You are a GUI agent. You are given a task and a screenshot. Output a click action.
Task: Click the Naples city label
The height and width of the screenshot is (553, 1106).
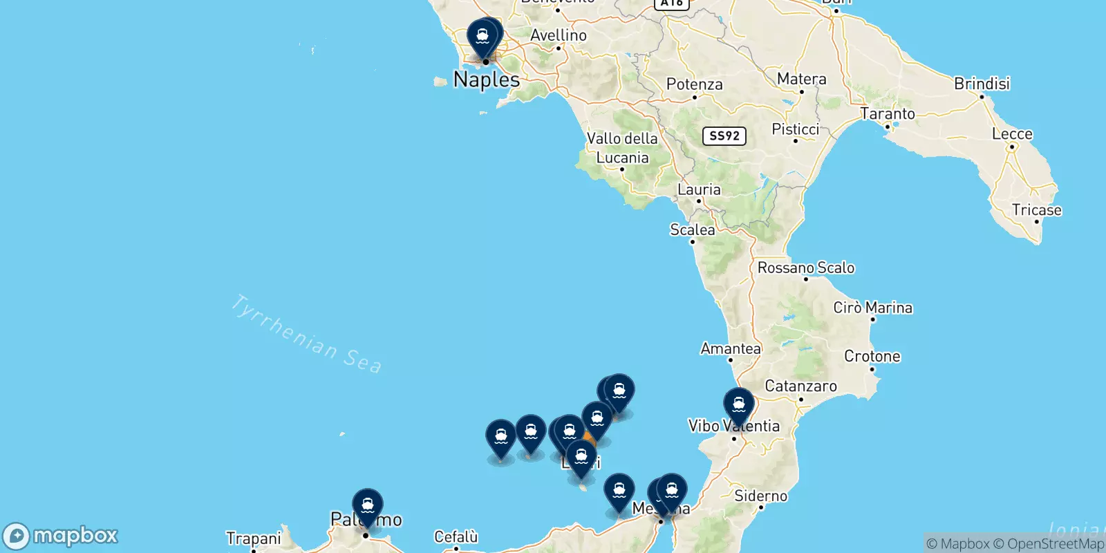pos(487,79)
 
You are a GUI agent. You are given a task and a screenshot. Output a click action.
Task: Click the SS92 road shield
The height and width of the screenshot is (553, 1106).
pos(724,135)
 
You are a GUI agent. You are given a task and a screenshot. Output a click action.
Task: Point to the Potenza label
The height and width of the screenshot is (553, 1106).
pos(694,84)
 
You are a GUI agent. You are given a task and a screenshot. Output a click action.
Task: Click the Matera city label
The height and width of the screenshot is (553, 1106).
pos(801,79)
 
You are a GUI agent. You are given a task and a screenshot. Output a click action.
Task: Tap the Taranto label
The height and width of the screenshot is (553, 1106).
pos(887,113)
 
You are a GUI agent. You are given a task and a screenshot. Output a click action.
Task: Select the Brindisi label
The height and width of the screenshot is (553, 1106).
pos(982,84)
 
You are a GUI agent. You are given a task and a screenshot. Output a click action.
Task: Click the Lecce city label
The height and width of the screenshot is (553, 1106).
pos(1012,134)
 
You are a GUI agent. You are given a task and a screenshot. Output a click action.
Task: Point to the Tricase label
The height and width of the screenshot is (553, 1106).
pos(1036,210)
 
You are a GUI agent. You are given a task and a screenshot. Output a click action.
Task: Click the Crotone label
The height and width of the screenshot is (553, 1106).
pos(872,357)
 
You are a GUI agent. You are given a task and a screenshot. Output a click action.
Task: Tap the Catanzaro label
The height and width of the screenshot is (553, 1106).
pos(800,386)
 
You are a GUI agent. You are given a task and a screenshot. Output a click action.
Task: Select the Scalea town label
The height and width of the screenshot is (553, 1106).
pos(692,229)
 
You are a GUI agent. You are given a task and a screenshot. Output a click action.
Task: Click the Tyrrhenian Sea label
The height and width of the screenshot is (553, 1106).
pos(306,334)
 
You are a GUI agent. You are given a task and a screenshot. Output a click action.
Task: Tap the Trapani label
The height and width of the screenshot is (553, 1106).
pos(253,538)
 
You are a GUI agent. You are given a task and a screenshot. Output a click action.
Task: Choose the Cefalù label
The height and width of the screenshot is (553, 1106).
pos(456,536)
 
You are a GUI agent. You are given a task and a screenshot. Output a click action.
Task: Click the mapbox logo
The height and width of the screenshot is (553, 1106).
pos(61,536)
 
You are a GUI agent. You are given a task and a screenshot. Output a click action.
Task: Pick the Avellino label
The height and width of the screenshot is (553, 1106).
pos(558,35)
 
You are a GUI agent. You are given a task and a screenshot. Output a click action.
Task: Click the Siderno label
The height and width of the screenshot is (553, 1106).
pos(760,496)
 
